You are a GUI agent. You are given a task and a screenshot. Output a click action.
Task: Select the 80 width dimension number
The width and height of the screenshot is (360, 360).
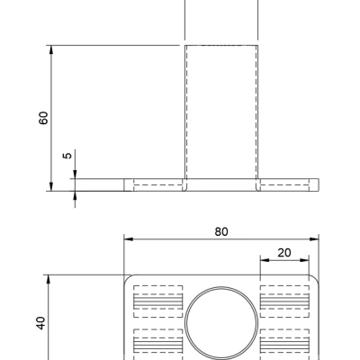click(221, 231)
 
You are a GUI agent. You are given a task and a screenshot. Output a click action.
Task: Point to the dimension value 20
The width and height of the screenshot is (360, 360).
click(284, 253)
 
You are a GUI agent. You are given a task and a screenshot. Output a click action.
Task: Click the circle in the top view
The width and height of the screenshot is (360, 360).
click(221, 324)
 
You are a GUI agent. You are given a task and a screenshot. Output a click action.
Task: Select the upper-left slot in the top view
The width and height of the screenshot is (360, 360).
click(157, 300)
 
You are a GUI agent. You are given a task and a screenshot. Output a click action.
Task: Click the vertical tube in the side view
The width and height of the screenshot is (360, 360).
click(221, 112)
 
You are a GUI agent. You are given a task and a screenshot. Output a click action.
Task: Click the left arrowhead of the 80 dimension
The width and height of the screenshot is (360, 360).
click(128, 239)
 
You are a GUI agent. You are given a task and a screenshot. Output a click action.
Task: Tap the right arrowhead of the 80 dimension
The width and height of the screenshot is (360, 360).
click(315, 239)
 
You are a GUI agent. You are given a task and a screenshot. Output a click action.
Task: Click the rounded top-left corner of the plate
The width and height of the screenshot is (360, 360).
click(128, 279)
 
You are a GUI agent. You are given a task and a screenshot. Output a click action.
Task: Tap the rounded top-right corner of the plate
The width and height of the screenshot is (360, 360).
click(315, 279)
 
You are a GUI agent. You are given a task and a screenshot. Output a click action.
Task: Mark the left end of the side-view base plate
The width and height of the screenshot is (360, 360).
click(125, 184)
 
